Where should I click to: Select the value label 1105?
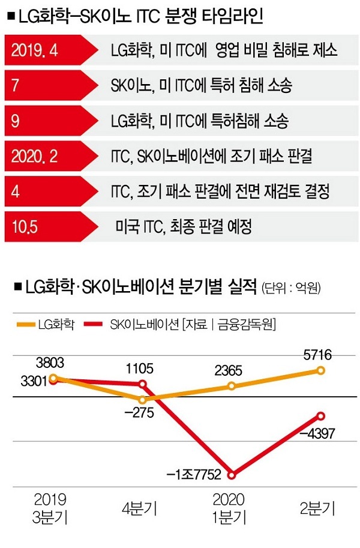pyautogui.click(x=142, y=367)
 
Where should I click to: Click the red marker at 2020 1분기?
pyautogui.click(x=232, y=474)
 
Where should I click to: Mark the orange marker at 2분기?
pyautogui.click(x=321, y=371)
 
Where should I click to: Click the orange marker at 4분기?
pyautogui.click(x=142, y=400)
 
